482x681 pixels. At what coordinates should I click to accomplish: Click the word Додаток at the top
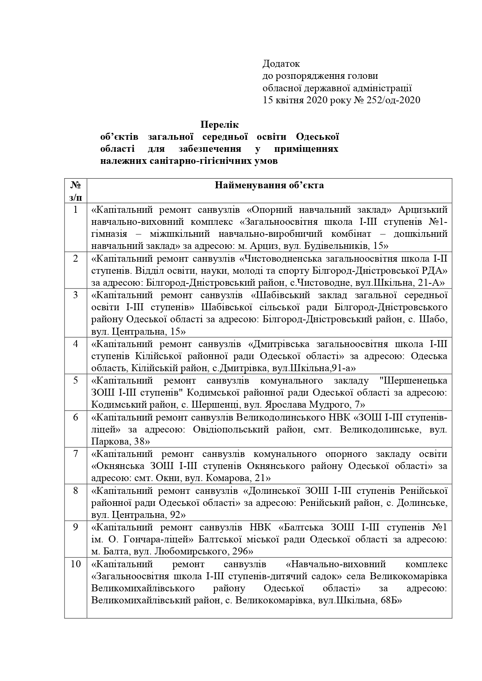pos(281,63)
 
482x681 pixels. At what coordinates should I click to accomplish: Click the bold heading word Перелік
pos(219,125)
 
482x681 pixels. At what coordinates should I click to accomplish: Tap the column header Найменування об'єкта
pos(269,185)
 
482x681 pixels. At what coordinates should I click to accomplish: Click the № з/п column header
pos(76,191)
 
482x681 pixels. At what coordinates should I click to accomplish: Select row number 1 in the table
pos(76,210)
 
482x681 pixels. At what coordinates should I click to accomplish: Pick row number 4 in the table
pos(76,344)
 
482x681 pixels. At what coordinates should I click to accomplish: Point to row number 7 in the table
pos(76,453)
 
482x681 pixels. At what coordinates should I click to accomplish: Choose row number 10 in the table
pos(76,564)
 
